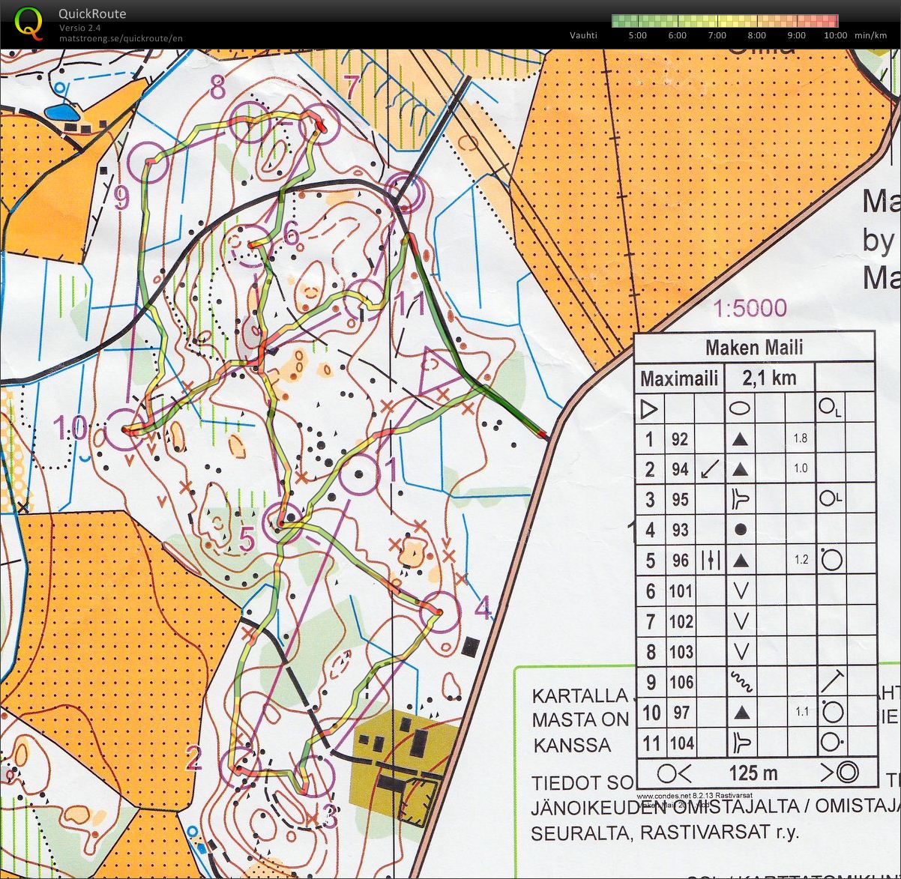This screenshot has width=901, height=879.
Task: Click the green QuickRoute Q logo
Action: coord(28,22)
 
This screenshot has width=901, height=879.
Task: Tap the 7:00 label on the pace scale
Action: coord(717,35)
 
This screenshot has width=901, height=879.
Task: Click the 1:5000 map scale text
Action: coord(750,308)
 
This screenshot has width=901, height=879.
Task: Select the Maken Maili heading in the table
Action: coord(754,348)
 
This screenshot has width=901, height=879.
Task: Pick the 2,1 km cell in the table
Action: coord(769,378)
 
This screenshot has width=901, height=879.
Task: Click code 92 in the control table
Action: coord(680,439)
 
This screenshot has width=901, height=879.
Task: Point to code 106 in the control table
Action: coord(681,682)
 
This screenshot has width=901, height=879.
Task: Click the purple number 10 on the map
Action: coord(70,429)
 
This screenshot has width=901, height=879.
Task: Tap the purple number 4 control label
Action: coord(483,609)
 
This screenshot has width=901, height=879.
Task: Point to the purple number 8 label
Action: coord(217,88)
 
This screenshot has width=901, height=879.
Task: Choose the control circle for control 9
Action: coord(148,161)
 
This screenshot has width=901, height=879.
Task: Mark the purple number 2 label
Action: coord(193,758)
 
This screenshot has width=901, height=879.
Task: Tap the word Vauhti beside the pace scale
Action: coord(583,35)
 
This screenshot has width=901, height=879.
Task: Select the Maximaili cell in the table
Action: coord(679,378)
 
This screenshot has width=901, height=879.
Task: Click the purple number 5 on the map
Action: coord(247,540)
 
